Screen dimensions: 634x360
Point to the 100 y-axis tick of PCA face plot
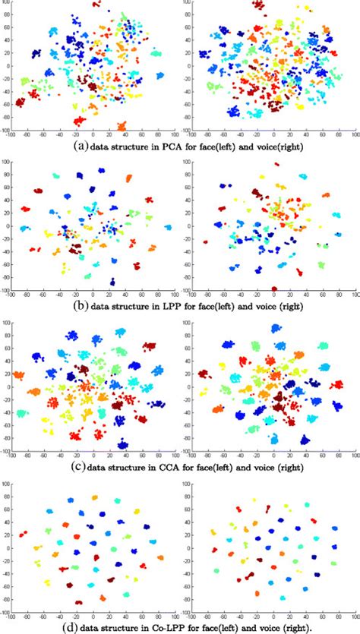tap(6, 4)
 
